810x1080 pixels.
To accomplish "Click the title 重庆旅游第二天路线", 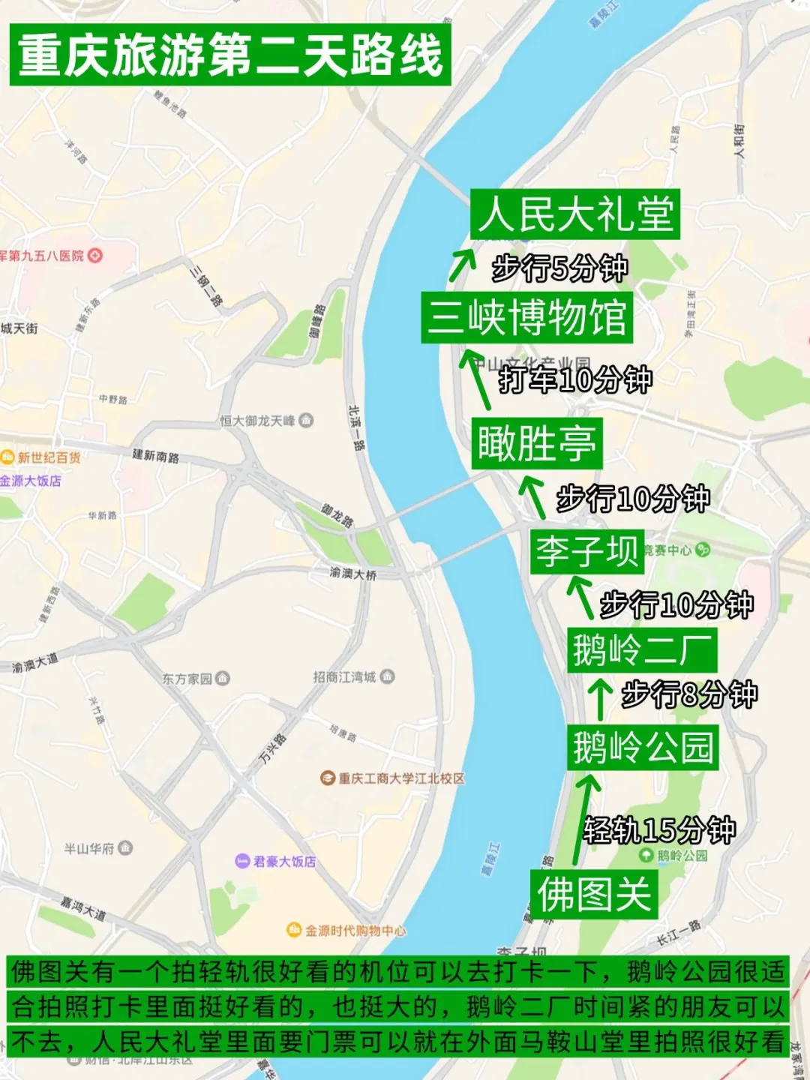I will pyautogui.click(x=229, y=55).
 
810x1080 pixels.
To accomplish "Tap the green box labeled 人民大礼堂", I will pyautogui.click(x=575, y=214).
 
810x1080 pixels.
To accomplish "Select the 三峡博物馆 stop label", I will pyautogui.click(x=526, y=317).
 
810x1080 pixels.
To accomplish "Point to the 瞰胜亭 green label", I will pyautogui.click(x=537, y=444).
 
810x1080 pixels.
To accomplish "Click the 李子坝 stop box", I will pyautogui.click(x=586, y=551).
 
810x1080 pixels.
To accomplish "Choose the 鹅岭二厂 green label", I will pyautogui.click(x=642, y=649).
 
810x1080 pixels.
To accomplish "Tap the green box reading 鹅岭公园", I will pyautogui.click(x=643, y=747).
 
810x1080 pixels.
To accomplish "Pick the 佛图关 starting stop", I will pyautogui.click(x=593, y=894).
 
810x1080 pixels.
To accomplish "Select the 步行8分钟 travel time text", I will pyautogui.click(x=689, y=694).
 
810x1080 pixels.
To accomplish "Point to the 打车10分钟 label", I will pyautogui.click(x=575, y=379).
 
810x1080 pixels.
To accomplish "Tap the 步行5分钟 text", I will pyautogui.click(x=559, y=268).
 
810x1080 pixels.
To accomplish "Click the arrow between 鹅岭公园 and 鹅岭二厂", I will pyautogui.click(x=599, y=698).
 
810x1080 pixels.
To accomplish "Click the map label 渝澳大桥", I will pyautogui.click(x=352, y=573).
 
